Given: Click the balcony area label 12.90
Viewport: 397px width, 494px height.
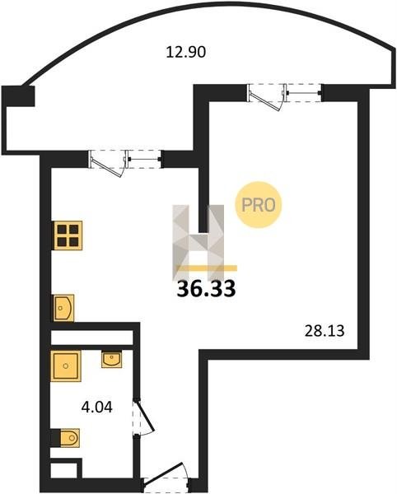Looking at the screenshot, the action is (186, 52).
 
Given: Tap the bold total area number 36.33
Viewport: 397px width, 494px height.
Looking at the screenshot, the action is (207, 289).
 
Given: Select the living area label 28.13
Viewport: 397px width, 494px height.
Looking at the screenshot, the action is (325, 331).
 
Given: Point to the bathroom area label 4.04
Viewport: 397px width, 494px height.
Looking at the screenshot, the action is (96, 408).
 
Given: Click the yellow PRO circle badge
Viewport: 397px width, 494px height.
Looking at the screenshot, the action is (259, 205).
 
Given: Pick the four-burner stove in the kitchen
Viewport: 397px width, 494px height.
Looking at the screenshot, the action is (68, 235).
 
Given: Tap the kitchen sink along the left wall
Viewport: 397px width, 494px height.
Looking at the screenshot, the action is (63, 308).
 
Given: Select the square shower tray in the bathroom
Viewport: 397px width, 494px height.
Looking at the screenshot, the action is (66, 366).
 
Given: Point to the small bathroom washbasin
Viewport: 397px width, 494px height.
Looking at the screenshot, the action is (111, 360).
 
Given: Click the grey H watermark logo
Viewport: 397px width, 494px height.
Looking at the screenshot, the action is (198, 243).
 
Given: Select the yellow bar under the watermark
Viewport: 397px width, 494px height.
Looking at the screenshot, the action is (207, 268).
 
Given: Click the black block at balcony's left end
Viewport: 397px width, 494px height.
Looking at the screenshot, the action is (18, 96).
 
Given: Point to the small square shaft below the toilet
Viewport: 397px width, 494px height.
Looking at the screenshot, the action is (65, 469).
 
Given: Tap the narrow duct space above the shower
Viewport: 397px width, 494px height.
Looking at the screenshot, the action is (91, 338).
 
